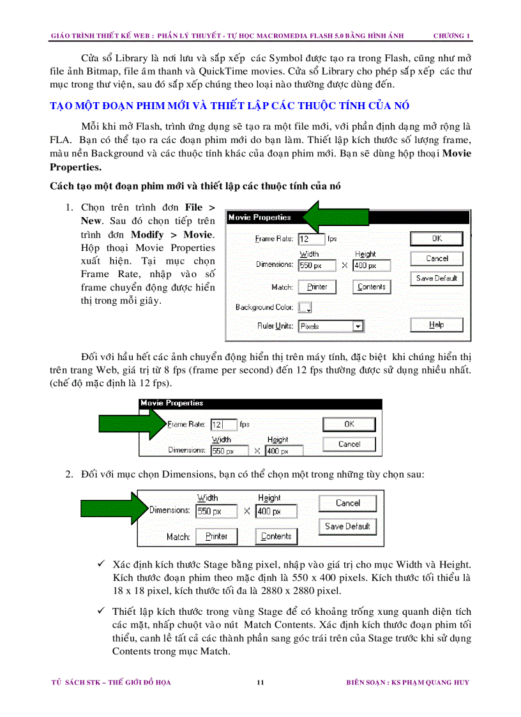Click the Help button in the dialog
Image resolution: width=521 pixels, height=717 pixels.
coord(437,324)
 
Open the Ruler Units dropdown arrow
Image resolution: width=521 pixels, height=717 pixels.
coord(359,326)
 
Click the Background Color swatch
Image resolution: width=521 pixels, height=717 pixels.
coord(305,307)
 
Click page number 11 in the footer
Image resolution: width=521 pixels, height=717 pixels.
coord(260,683)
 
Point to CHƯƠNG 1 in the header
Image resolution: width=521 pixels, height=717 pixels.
coord(451,35)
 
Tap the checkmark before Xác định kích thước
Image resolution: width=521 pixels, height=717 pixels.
coord(101,564)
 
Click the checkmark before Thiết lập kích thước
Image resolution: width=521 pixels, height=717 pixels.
coord(101,611)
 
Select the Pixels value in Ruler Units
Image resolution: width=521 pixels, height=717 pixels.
coord(310,326)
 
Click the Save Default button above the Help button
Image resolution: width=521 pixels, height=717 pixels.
coord(437,278)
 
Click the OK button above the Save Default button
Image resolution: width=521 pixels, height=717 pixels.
coord(437,238)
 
